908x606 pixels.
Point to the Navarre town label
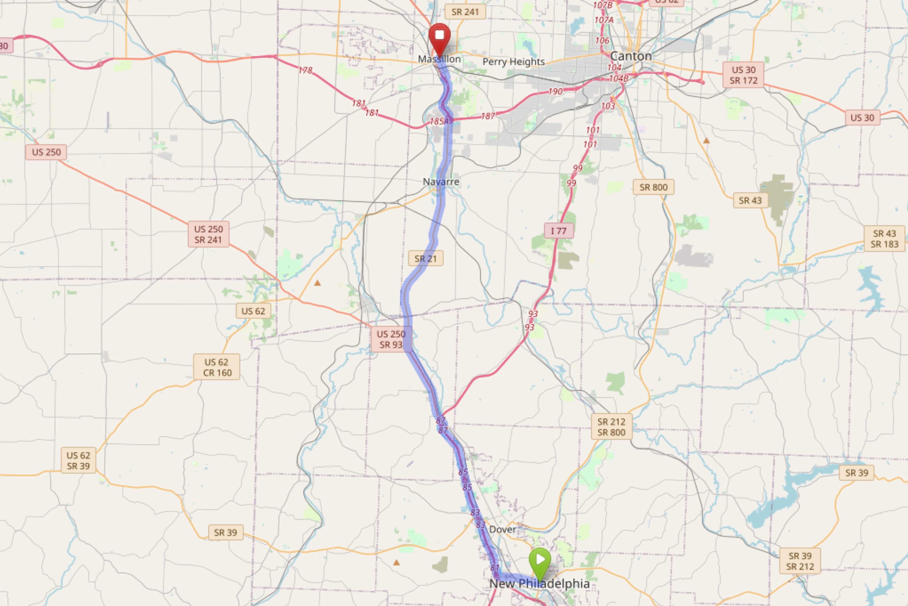tap(441, 182)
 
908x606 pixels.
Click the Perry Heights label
tap(514, 62)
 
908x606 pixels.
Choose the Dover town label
tap(502, 529)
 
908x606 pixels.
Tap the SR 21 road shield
tap(425, 259)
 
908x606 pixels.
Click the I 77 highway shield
tap(559, 231)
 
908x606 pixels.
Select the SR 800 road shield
tap(653, 187)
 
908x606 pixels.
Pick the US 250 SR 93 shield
tap(391, 339)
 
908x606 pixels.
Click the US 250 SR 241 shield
tap(208, 234)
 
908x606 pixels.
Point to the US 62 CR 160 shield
tap(216, 367)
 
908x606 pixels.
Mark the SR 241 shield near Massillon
tap(465, 12)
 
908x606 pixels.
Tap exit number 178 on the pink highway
tap(305, 70)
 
